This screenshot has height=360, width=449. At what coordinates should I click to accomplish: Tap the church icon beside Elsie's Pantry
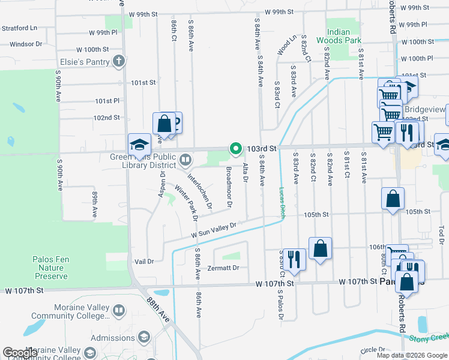(119, 61)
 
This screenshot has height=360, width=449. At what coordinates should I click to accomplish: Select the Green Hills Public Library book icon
(185, 160)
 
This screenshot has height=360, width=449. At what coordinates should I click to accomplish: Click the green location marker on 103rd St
(236, 148)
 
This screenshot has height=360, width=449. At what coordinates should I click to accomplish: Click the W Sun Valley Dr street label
(214, 229)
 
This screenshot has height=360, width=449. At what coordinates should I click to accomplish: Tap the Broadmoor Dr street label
(228, 187)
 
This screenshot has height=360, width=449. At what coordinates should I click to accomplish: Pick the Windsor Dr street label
(25, 44)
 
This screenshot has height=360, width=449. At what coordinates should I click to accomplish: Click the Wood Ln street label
(286, 44)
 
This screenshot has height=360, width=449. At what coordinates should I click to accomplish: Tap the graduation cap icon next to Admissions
(144, 338)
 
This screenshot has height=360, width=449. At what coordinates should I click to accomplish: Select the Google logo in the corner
(19, 353)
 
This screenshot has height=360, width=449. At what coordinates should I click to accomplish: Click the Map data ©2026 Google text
(412, 355)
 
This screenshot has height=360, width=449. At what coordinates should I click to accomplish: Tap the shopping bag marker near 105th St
(392, 199)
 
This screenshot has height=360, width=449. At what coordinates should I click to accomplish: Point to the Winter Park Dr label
(185, 203)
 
